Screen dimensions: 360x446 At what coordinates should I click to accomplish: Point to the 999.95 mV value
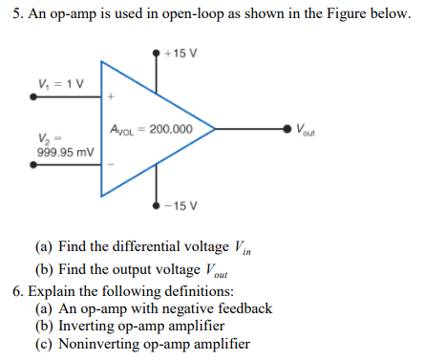click(x=65, y=152)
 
